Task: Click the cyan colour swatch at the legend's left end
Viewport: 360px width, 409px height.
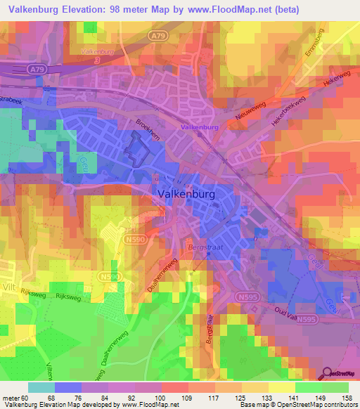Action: (41, 387)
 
